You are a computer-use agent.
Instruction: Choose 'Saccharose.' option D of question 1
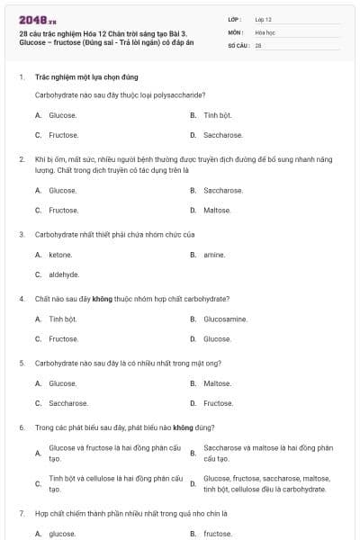coord(222,135)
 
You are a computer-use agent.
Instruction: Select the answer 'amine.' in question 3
coord(214,255)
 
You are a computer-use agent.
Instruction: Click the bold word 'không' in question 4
coord(102,298)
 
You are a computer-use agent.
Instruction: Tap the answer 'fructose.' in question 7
coord(218,534)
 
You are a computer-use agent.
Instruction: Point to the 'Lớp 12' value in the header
coord(264,19)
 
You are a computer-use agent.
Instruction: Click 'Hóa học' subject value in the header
coord(265,31)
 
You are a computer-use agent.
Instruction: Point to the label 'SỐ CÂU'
coord(238,45)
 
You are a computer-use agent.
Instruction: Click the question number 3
coord(22,234)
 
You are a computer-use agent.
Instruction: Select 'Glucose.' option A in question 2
coord(62,190)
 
